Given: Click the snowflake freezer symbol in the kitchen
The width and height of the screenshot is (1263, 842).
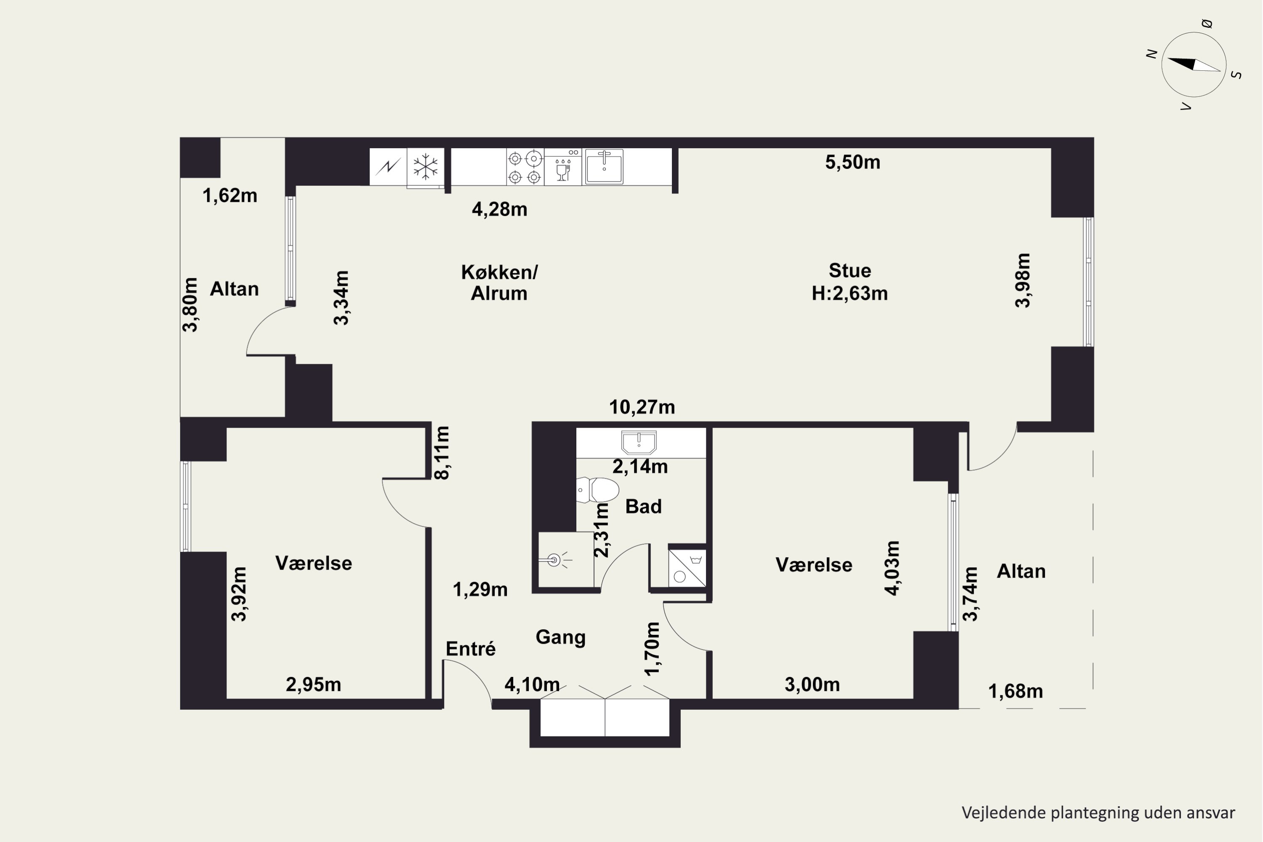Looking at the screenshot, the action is pyautogui.click(x=425, y=167).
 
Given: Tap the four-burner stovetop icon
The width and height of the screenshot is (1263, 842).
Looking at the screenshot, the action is pyautogui.click(x=525, y=167).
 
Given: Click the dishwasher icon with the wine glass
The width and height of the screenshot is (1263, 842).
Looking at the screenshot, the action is pyautogui.click(x=563, y=167).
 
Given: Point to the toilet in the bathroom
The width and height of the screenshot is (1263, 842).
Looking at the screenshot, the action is pyautogui.click(x=597, y=490).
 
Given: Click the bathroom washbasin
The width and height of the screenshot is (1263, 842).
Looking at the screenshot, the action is pyautogui.click(x=639, y=442).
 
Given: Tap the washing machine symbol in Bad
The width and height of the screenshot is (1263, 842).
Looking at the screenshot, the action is pyautogui.click(x=687, y=568).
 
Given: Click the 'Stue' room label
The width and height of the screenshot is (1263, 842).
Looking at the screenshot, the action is pyautogui.click(x=850, y=270).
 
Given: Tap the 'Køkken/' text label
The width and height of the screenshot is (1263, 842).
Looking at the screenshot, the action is pyautogui.click(x=499, y=272).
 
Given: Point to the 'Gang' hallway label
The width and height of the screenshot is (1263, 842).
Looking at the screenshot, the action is pyautogui.click(x=561, y=637).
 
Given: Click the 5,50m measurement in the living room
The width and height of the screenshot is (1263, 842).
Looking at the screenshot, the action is pyautogui.click(x=853, y=162).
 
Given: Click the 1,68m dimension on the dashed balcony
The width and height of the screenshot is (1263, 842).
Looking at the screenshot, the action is pyautogui.click(x=1015, y=692).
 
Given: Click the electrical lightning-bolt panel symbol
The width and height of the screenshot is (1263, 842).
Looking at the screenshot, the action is pyautogui.click(x=388, y=167).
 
